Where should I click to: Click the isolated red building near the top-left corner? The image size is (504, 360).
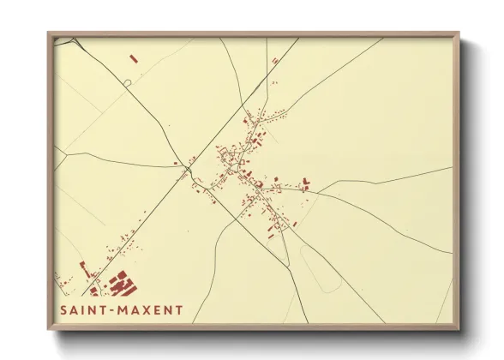point(133,58)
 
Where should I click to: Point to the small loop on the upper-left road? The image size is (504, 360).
point(127,82)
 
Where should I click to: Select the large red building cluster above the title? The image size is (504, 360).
point(123,282)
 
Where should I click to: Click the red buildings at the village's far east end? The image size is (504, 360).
point(305,183)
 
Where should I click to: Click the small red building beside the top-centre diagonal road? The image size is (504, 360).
point(274,61)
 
